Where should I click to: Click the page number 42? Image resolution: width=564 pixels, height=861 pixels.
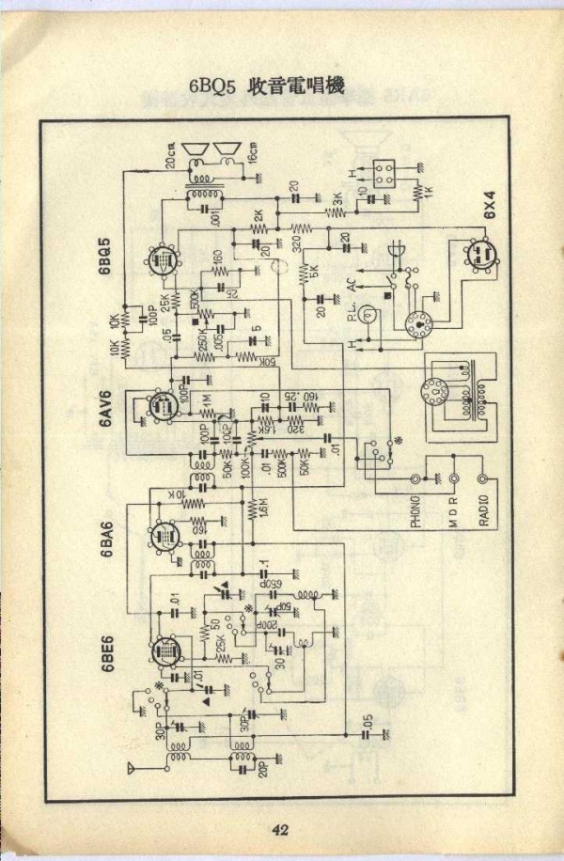click(x=281, y=828)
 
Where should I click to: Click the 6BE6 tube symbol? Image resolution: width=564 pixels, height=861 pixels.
click(x=165, y=650)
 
